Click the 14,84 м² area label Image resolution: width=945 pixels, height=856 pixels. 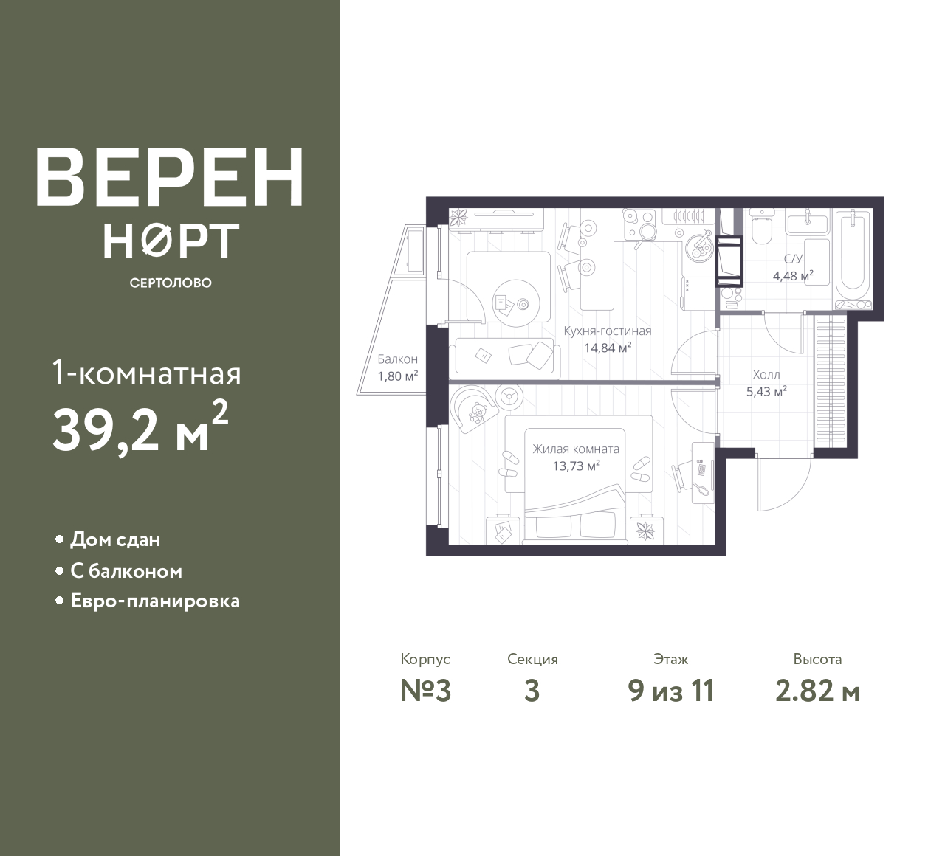click(x=608, y=348)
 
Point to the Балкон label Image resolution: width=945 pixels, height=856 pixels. click(x=398, y=359)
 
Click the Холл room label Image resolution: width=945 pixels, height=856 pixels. click(x=766, y=375)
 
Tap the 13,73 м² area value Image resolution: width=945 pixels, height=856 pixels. click(x=576, y=466)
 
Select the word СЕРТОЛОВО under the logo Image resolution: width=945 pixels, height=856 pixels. click(x=171, y=283)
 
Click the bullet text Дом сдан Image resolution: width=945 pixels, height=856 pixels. click(x=115, y=540)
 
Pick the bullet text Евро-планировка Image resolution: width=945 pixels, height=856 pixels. click(x=155, y=601)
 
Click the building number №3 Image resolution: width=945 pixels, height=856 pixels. click(x=426, y=691)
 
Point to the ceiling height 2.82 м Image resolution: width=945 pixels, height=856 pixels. click(x=817, y=691)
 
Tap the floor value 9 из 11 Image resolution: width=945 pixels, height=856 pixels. click(x=671, y=691)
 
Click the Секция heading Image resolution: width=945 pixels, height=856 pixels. click(x=532, y=659)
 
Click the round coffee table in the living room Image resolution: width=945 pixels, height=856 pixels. click(x=516, y=303)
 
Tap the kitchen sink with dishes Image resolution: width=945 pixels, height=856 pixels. click(x=698, y=246)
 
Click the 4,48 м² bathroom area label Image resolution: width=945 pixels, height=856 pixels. click(x=794, y=276)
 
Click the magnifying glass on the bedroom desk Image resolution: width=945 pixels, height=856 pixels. click(x=702, y=490)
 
